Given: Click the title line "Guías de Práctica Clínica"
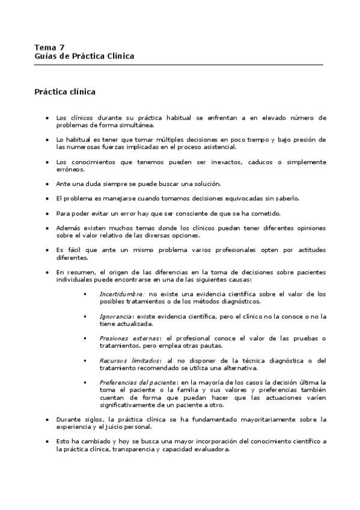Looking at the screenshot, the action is (x=84, y=56).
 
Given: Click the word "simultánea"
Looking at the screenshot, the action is (x=136, y=125).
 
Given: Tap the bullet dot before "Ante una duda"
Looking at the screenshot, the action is (x=47, y=184).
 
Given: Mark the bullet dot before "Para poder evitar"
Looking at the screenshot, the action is (x=47, y=214).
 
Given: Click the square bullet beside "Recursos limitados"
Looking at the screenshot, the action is (x=85, y=360).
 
